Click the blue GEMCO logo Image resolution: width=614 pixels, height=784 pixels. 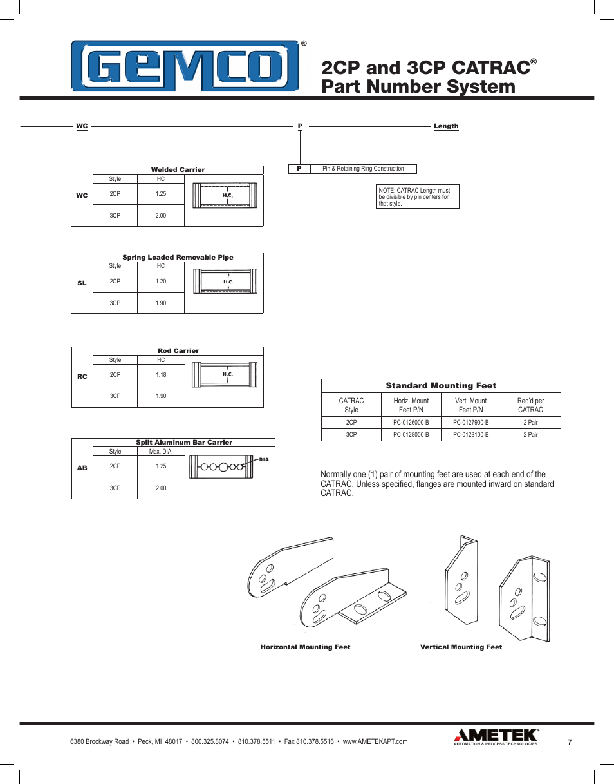(185, 67)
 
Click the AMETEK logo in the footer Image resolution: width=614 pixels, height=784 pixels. (496, 736)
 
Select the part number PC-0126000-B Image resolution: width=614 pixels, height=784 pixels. (411, 423)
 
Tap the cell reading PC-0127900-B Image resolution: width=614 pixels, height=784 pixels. (470, 423)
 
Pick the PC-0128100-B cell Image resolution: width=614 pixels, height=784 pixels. (470, 435)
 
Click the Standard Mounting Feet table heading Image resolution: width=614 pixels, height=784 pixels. (441, 386)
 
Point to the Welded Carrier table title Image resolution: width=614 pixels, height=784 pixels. (178, 170)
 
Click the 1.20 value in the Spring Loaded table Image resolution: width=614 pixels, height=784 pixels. (161, 282)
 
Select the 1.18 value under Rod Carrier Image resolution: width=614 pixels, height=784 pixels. (161, 375)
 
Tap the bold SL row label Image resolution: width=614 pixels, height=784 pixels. (82, 283)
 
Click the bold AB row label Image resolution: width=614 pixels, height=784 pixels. (82, 468)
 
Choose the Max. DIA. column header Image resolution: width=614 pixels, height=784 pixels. (161, 452)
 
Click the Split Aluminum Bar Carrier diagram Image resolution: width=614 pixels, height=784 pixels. (230, 467)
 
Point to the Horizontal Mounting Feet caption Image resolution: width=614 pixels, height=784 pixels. (305, 647)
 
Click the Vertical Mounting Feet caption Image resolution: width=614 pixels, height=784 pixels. (461, 647)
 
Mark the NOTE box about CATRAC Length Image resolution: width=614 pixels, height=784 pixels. (418, 197)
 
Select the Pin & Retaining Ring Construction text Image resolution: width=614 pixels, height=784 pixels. (363, 169)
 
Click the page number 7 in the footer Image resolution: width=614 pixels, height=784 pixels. (570, 742)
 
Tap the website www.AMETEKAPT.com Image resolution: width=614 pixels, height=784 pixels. (375, 742)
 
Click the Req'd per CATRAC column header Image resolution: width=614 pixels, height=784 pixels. (530, 405)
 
